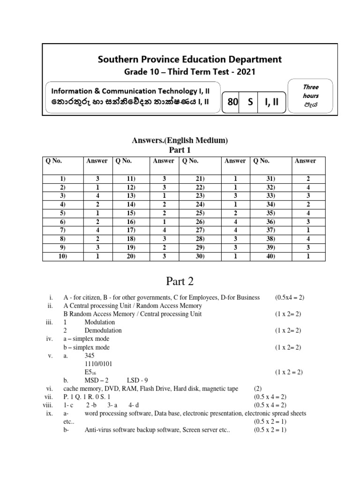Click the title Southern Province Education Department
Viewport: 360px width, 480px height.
189,59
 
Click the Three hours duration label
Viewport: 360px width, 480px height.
310,91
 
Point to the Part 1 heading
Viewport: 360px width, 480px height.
180,150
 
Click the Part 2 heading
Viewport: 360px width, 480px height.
180,282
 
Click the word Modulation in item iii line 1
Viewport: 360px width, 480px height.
99,322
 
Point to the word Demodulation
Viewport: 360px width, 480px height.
103,330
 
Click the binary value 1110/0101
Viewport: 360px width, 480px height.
98,364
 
